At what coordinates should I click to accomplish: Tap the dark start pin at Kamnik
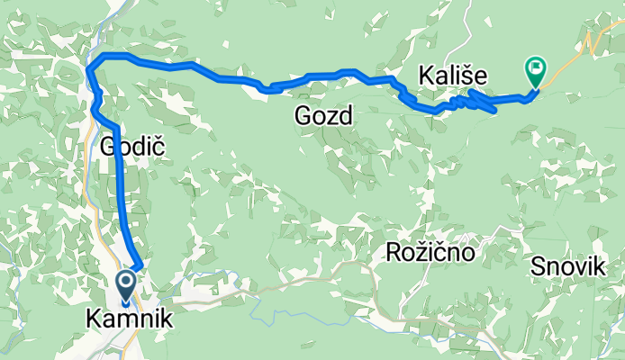pyautogui.click(x=124, y=286)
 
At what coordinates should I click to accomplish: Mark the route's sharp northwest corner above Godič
pyautogui.click(x=90, y=65)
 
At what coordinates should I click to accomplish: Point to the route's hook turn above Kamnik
pyautogui.click(x=138, y=264)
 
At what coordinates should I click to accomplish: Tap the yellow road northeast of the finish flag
pyautogui.click(x=576, y=50)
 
